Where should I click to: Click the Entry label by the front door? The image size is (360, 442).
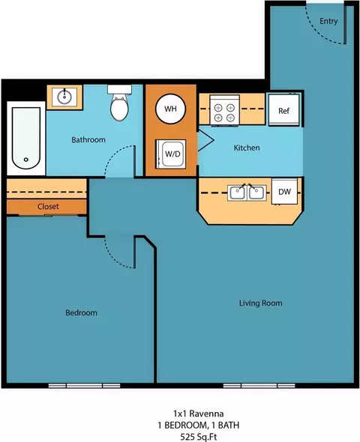pos(328,21)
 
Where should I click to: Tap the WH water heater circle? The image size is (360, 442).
pos(170,109)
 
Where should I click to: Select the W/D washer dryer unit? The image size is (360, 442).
pos(171,154)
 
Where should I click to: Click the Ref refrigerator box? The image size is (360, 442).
pos(283,110)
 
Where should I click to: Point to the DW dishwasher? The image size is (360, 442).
pos(284,191)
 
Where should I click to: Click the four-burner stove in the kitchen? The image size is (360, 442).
pos(224,110)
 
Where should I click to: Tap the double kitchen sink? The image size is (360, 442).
pos(247,193)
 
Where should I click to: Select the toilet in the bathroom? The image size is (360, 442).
pos(119,103)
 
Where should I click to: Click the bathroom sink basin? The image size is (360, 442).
pos(64,97)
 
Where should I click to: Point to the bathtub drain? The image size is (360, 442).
pos(26,160)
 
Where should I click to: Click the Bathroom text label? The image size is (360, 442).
pos(88,140)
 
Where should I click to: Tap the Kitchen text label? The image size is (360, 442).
pos(247,148)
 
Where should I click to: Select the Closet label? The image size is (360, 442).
pos(48,206)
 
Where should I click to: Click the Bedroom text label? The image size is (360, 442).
pos(81,312)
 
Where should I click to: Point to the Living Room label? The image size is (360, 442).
pos(261,303)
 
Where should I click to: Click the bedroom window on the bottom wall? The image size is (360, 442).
pos(84,385)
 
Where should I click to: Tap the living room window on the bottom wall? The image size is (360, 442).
pos(259,385)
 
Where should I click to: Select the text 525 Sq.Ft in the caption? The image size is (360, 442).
pos(199,437)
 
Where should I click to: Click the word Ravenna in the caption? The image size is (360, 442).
pos(206,414)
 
